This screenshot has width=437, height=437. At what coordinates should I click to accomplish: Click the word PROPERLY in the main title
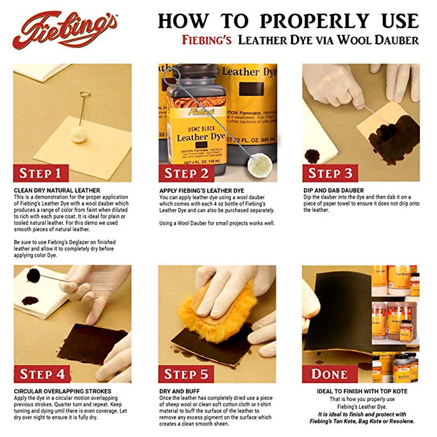315,21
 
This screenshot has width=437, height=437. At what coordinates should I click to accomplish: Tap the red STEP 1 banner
40,173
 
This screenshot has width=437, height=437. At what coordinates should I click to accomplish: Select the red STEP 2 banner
186,173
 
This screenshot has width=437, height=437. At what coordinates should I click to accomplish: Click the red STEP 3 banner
330,173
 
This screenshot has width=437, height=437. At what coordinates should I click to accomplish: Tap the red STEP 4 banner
42,374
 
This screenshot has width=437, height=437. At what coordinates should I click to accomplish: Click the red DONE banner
329,374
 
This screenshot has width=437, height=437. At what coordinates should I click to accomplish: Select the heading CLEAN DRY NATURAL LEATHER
57,191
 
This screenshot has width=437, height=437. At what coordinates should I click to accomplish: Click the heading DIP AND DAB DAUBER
333,191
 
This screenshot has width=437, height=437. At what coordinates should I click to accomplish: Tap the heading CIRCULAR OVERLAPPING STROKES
62,391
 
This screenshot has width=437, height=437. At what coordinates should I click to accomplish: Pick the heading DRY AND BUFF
179,391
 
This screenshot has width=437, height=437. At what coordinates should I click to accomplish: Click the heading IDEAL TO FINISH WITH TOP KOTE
362,391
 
